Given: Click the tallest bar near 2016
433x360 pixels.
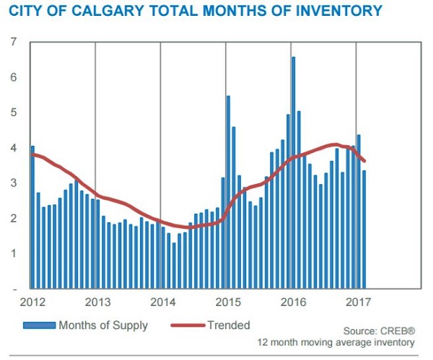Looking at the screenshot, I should tap(293, 173).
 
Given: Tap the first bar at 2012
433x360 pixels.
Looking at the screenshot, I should tap(32, 216).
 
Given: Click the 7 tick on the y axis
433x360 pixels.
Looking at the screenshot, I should tap(14, 42).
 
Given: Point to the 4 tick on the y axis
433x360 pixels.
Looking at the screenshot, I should tap(14, 148).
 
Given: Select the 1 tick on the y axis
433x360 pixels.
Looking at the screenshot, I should tap(14, 253).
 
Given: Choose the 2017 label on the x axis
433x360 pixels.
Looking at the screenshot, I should tap(357, 302).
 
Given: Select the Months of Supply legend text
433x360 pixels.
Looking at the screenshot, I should tap(103, 325).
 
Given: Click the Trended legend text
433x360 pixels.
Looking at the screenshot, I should tap(229, 325).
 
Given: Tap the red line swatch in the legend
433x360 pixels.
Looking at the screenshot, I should tap(186, 326).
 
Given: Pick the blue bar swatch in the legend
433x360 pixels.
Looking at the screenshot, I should tap(39, 326).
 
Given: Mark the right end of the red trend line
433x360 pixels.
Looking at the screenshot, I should tap(364, 161).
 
